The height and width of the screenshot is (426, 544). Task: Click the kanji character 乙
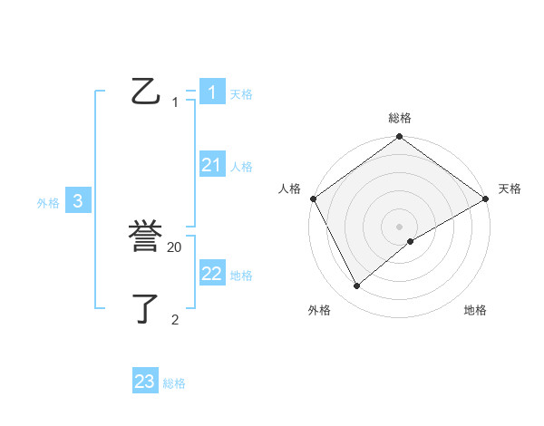point(145,92)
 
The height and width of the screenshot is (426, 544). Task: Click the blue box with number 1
point(211,92)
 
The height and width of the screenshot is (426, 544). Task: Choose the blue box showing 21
point(211,165)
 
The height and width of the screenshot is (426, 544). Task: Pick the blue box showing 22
point(211,273)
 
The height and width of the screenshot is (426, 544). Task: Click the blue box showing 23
point(145,382)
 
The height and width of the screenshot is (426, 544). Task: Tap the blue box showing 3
point(78,201)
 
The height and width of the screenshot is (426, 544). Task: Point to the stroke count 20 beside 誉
point(175,247)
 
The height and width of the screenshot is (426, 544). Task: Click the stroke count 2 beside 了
point(175,319)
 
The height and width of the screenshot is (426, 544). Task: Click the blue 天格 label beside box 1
point(241,94)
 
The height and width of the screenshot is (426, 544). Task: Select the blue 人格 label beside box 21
point(241,167)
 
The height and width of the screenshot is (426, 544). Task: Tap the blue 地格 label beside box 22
point(241,276)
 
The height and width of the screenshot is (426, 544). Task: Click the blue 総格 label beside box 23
point(174,384)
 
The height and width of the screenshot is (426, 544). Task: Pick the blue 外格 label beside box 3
point(48,204)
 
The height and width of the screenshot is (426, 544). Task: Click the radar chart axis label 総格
point(400,118)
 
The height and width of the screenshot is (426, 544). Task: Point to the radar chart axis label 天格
point(510,189)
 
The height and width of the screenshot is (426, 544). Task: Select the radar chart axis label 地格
point(475,311)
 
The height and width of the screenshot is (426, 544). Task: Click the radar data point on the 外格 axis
point(357,286)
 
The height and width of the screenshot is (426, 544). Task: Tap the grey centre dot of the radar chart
point(400,227)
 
